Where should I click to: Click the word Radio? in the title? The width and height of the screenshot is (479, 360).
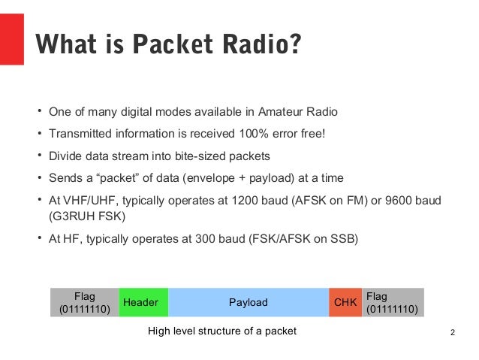pos(258,45)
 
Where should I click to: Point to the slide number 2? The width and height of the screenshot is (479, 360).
pos(453,331)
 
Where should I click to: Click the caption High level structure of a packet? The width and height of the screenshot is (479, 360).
pos(222,331)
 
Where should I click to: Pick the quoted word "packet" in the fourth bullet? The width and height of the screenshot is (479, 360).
pos(109,178)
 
